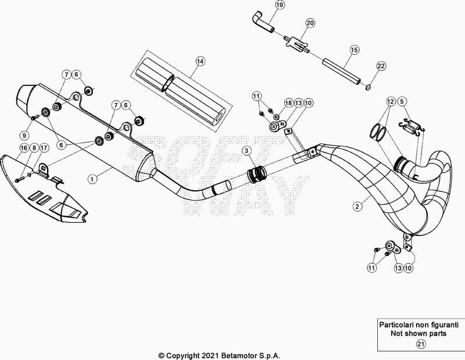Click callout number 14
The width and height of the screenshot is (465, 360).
201,62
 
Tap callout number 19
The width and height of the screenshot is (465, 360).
280,5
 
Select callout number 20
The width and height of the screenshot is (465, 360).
310,23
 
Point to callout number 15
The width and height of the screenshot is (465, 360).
354,50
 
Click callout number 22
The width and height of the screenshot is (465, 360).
381,66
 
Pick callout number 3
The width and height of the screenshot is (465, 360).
246,151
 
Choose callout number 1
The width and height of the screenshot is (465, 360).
92,179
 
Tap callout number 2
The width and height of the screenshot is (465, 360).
357,206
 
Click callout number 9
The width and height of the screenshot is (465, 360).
24,136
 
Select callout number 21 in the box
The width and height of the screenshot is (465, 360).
421,344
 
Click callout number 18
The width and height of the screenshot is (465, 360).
288,103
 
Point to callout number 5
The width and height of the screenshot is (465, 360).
402,102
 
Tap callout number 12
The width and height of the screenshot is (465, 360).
391,102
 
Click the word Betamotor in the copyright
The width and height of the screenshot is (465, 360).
237,355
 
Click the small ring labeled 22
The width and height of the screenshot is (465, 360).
368,87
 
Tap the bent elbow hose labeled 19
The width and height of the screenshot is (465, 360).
263,22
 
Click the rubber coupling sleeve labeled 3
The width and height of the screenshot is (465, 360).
257,174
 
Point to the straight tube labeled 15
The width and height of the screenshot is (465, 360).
342,72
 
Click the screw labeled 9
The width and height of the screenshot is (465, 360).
33,117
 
